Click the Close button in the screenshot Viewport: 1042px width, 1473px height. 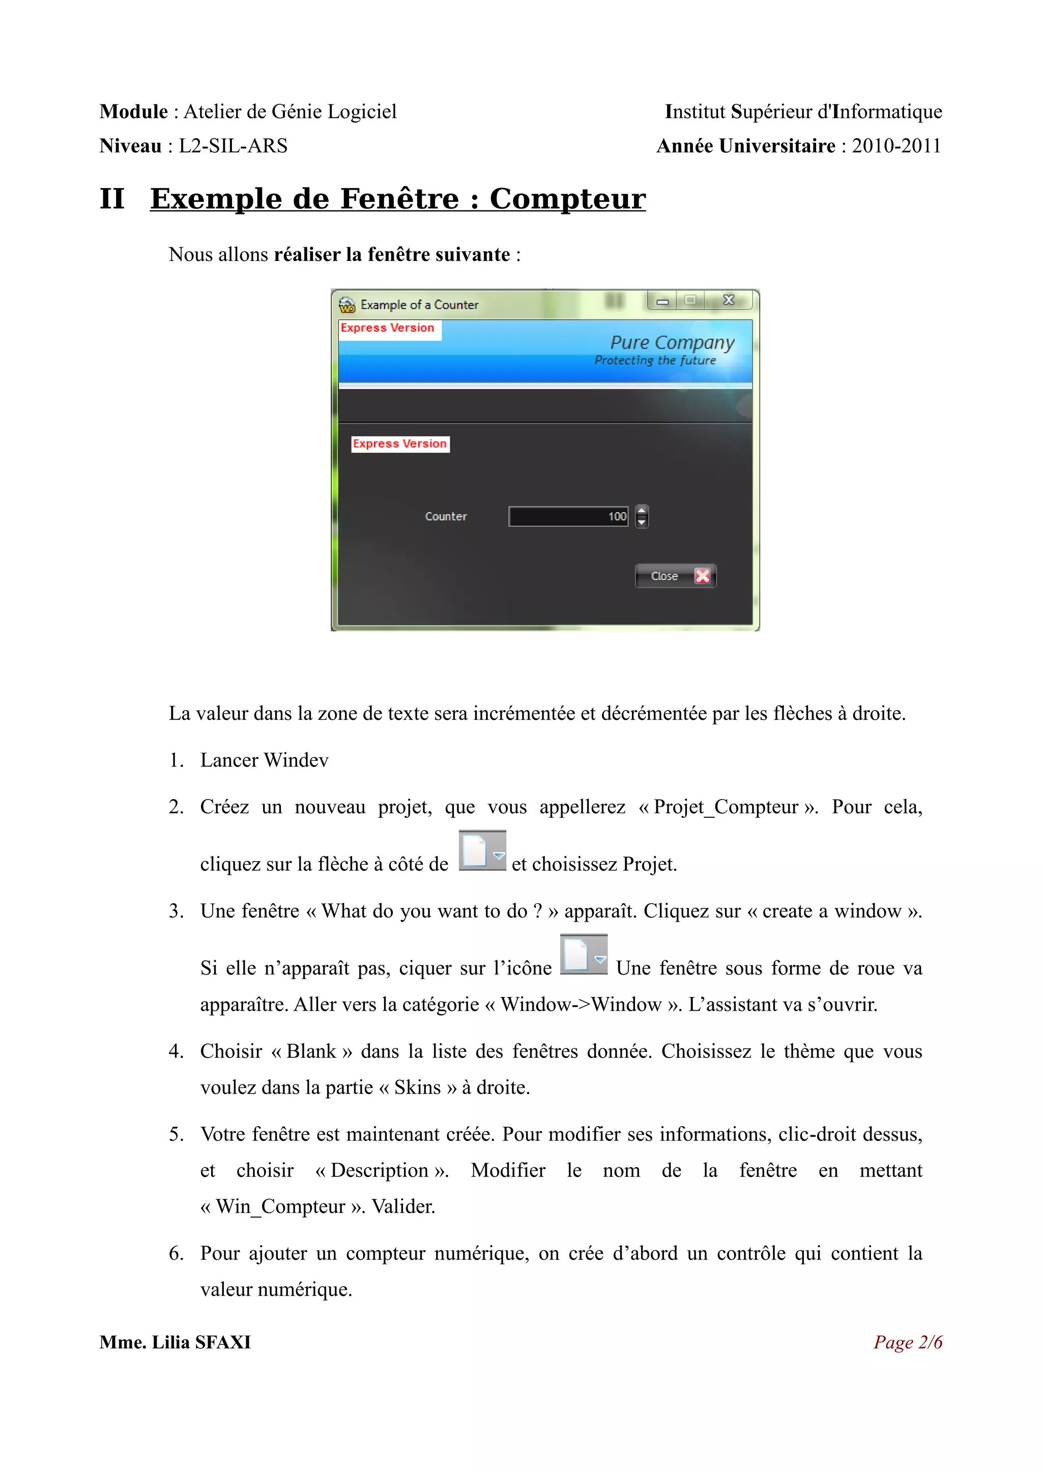click(x=675, y=576)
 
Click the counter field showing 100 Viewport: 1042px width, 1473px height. click(x=568, y=516)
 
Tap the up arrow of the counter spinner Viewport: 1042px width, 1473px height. click(x=642, y=511)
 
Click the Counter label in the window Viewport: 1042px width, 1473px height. click(x=446, y=516)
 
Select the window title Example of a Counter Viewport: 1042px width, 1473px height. click(x=419, y=305)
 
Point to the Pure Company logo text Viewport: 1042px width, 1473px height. click(x=672, y=343)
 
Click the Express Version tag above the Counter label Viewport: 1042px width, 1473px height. click(x=400, y=444)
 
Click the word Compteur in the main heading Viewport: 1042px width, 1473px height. click(x=567, y=199)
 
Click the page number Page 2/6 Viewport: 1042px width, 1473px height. click(x=908, y=1342)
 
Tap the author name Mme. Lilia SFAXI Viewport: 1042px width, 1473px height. click(x=175, y=1342)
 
